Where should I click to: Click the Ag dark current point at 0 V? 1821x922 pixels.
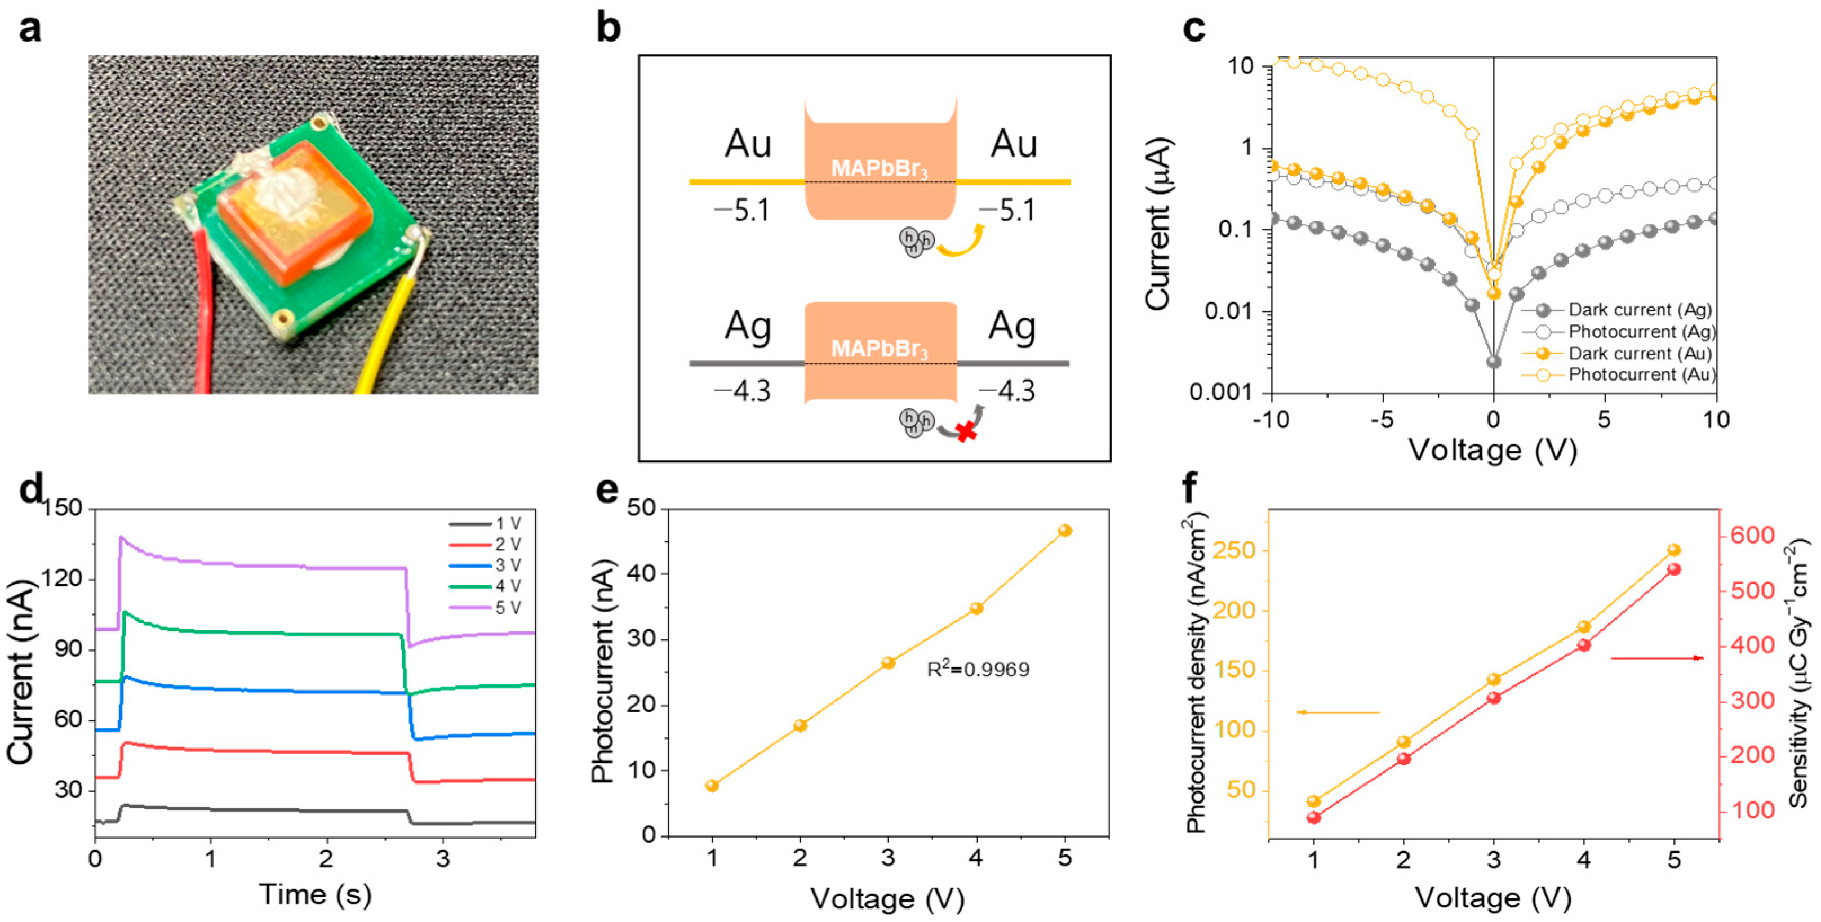coord(1494,362)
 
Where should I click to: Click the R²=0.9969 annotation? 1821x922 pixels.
coord(978,669)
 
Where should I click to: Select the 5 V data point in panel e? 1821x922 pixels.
coord(1065,531)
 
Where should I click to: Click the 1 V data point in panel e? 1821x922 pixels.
coord(712,786)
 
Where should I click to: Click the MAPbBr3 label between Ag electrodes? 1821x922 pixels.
coord(880,349)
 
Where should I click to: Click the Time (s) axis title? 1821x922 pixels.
coord(316,894)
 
